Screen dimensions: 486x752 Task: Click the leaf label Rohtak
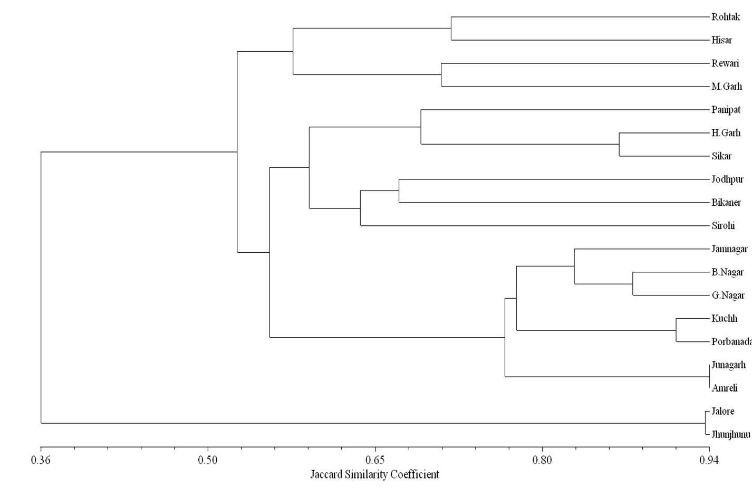[726, 17]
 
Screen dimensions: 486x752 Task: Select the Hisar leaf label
[721, 40]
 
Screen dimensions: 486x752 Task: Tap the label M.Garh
[726, 87]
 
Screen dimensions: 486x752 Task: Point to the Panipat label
[726, 110]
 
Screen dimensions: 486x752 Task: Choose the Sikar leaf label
[721, 156]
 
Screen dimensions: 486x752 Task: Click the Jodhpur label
[727, 179]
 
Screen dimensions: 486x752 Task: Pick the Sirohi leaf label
[723, 226]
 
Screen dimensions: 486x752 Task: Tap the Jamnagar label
[729, 249]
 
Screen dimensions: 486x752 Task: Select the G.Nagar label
[728, 296]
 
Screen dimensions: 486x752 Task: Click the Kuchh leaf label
[724, 319]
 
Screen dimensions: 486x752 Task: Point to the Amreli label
[724, 388]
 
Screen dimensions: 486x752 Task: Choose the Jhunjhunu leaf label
[730, 435]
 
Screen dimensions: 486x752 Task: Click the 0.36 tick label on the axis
[41, 460]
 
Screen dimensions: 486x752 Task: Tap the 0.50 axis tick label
[208, 460]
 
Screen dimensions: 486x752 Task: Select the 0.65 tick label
[375, 460]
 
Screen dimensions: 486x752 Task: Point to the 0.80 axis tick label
[542, 460]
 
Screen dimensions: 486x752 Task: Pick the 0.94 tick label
[709, 460]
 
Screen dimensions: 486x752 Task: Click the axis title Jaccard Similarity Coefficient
[374, 474]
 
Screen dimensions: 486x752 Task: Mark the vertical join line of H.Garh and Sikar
[619, 145]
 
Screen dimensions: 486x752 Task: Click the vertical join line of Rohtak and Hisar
[451, 28]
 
